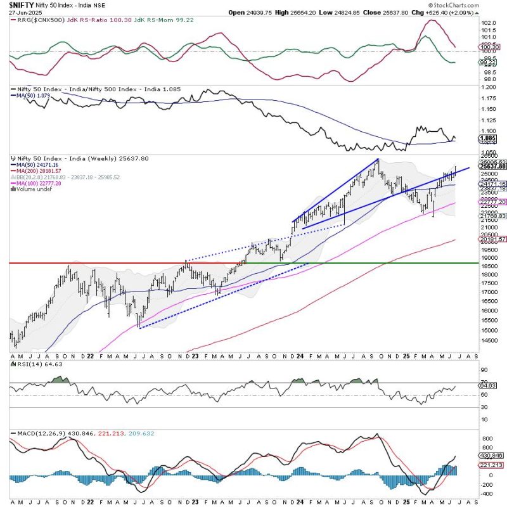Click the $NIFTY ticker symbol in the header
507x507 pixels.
(22, 4)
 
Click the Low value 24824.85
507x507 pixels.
(334, 12)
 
